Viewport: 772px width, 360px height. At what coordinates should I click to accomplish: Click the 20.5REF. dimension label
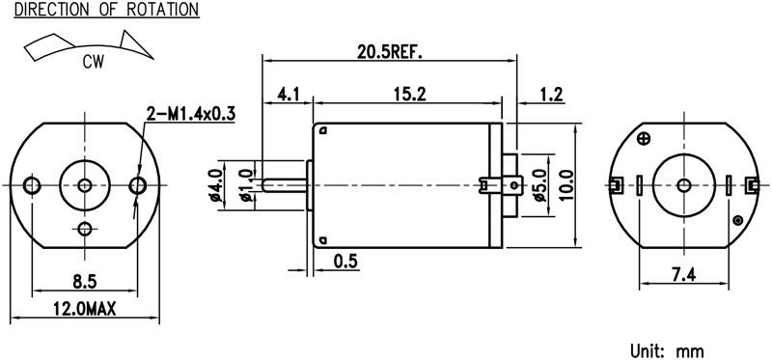(390, 52)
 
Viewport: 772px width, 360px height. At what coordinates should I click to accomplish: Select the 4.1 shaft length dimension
(289, 94)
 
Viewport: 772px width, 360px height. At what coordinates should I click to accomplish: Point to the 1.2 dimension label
(551, 94)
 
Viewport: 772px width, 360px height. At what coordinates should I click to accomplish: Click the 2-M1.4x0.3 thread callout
(190, 114)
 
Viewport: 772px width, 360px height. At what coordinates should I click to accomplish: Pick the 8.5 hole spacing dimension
(85, 282)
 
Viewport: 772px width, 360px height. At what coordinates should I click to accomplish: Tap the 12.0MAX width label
(85, 309)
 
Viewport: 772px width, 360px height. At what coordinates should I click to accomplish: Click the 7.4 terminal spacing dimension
(683, 275)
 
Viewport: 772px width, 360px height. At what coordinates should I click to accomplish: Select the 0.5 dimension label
(345, 261)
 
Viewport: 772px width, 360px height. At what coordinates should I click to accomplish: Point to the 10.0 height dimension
(566, 185)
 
